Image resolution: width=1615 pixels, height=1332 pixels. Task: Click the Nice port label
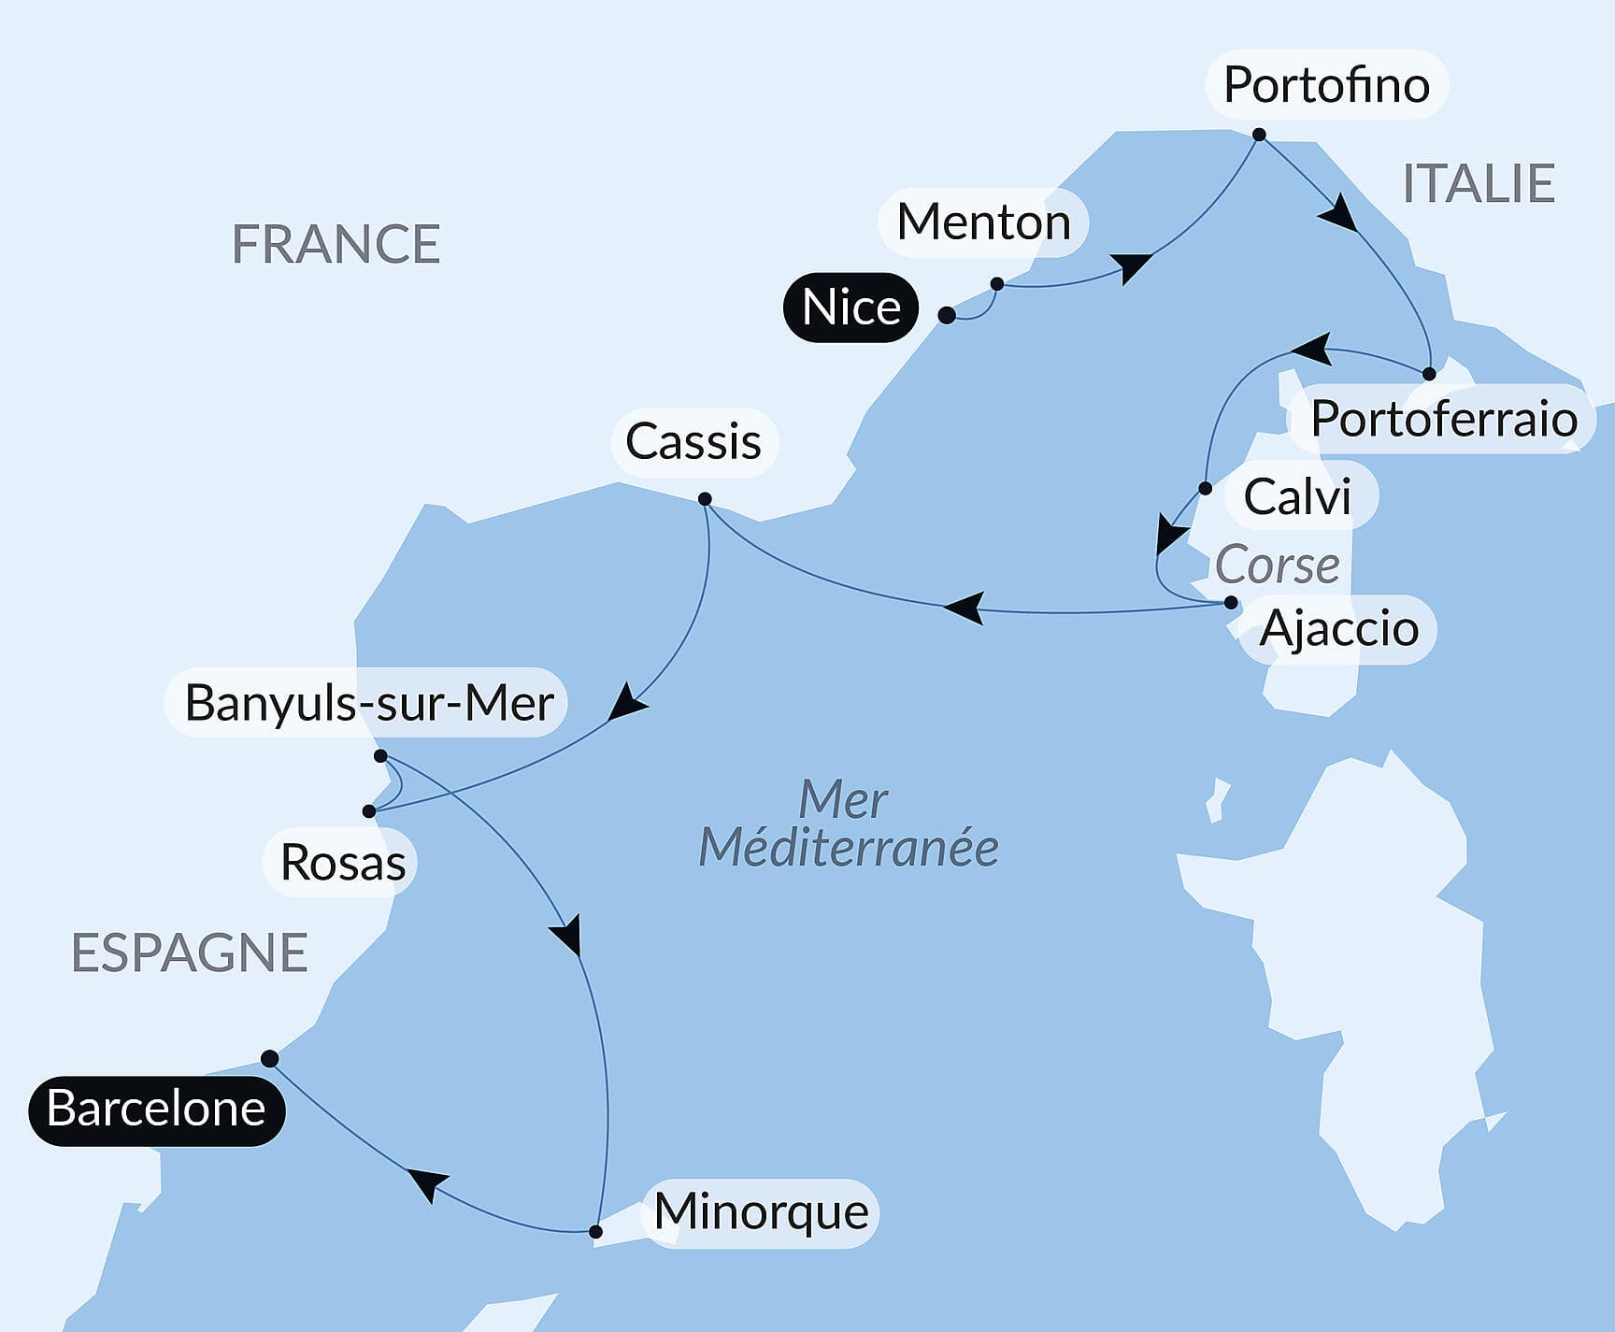(x=850, y=308)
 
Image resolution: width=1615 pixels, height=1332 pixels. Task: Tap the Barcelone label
(x=156, y=1110)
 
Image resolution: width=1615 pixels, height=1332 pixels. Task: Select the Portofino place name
(x=1326, y=85)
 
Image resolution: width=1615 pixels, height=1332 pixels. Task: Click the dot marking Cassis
(x=705, y=499)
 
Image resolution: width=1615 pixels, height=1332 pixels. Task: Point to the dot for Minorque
(x=596, y=1232)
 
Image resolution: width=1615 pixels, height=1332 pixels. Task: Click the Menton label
(x=983, y=222)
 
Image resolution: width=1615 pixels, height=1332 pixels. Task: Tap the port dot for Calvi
(x=1205, y=488)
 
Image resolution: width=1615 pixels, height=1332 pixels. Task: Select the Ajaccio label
(x=1338, y=628)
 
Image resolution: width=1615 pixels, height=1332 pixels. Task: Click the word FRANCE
(x=336, y=245)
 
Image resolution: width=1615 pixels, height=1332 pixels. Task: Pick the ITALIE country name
(x=1479, y=183)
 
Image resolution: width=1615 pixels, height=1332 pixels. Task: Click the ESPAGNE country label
(x=190, y=953)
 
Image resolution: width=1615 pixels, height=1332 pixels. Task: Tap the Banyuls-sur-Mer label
(x=369, y=703)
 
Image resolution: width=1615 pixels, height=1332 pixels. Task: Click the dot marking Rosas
(x=369, y=811)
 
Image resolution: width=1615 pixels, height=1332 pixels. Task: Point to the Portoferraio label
(x=1443, y=419)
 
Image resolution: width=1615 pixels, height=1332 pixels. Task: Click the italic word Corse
(x=1277, y=566)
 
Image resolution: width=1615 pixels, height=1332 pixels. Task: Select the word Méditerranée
(x=848, y=848)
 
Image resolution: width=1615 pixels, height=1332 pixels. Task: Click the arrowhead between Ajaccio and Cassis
(x=965, y=608)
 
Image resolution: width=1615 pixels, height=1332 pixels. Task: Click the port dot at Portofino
(x=1259, y=135)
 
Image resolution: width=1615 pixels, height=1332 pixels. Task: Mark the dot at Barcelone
(x=270, y=1058)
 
